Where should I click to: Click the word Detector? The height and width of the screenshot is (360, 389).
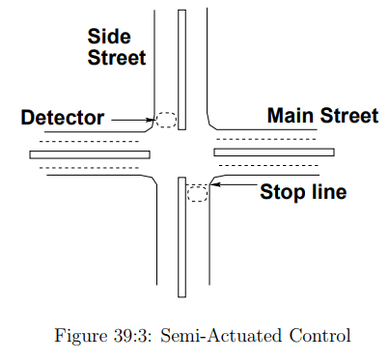point(62,119)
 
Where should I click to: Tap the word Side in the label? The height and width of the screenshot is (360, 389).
point(109,36)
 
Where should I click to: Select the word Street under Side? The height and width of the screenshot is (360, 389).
point(116,58)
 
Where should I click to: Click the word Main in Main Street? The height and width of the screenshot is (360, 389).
point(291,117)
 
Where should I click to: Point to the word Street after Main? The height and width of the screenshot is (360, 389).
point(348,117)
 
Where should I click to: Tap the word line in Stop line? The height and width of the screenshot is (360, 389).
point(327,192)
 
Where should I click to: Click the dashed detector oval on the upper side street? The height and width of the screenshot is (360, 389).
point(166,121)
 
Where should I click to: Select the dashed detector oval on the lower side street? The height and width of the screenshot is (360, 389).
point(197,192)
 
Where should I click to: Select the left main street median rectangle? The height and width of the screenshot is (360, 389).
point(90,153)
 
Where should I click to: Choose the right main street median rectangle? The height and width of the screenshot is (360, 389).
point(274,152)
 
